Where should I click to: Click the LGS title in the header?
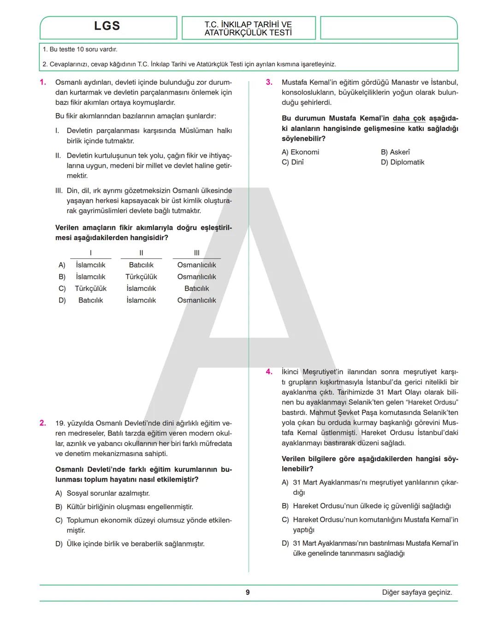point(107,26)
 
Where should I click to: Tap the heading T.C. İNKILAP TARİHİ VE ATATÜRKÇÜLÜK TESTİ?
point(248,29)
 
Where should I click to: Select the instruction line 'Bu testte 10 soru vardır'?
point(80,49)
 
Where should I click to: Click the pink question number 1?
point(43,83)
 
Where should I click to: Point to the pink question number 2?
point(43,423)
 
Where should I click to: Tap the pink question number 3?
point(269,83)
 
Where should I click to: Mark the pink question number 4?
point(269,372)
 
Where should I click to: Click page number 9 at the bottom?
point(248,592)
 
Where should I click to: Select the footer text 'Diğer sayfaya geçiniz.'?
point(417,592)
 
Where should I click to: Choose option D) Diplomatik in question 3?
point(402,162)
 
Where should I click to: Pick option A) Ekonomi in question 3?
point(300,152)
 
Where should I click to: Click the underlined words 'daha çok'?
point(409,118)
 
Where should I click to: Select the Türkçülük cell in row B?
point(141,277)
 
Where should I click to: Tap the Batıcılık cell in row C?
point(196,289)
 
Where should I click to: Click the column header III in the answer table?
point(196,253)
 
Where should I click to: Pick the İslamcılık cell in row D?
point(141,300)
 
